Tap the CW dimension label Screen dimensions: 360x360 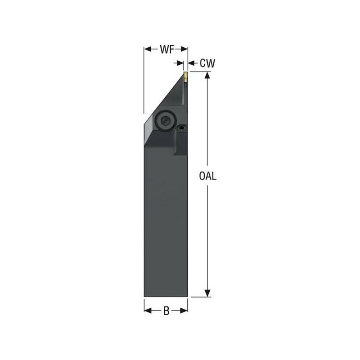click(x=207, y=64)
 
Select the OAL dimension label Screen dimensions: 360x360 click(x=208, y=176)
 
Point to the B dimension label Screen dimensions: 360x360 click(x=166, y=311)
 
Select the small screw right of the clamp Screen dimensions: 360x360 click(x=181, y=128)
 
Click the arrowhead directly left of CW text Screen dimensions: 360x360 click(x=191, y=64)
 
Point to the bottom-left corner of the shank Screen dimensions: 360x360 click(x=144, y=297)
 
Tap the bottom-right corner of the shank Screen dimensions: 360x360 click(x=187, y=297)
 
